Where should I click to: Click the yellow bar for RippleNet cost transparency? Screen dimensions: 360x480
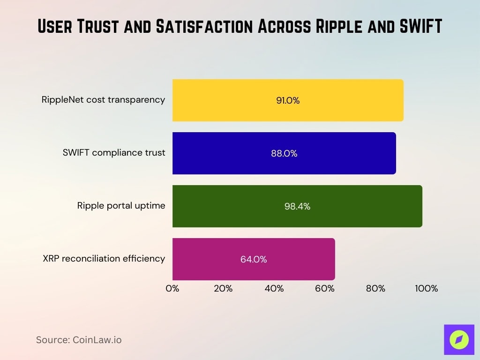[x=288, y=100]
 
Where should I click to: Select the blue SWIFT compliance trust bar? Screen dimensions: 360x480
[x=284, y=153]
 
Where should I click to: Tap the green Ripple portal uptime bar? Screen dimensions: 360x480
[x=297, y=206]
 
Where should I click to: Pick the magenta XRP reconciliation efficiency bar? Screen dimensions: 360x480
[x=254, y=259]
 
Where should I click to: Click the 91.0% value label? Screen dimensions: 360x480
[x=288, y=100]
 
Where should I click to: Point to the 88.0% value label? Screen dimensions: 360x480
[x=284, y=153]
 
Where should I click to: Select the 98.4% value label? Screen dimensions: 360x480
[x=297, y=206]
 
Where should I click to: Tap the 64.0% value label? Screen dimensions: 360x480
[x=254, y=259]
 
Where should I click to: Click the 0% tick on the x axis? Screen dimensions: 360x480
[x=172, y=289]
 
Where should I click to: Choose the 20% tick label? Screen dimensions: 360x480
[x=223, y=289]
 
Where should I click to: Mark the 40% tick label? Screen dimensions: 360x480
[x=274, y=289]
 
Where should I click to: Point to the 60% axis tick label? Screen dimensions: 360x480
[x=325, y=289]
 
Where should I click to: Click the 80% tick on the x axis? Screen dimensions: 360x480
[x=375, y=289]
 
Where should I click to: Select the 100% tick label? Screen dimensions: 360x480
[x=426, y=289]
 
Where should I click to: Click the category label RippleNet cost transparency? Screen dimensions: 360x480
[x=103, y=99]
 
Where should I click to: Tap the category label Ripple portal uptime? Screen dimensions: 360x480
[x=121, y=205]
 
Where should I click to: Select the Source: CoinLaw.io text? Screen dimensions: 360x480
[x=79, y=340]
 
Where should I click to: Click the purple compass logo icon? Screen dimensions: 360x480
[x=459, y=340]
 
